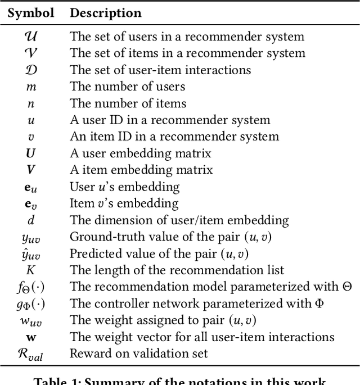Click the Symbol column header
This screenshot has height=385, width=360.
coord(31,12)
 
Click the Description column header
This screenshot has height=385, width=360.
coord(106,12)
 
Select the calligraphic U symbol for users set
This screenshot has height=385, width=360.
coord(31,37)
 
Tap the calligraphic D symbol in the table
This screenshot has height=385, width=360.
coord(31,70)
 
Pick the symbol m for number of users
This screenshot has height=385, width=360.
coord(31,87)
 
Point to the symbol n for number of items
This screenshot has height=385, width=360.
coord(31,104)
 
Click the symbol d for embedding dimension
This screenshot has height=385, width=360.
coord(31,220)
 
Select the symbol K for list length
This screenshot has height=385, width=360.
coord(31,270)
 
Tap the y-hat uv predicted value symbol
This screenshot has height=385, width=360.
coord(31,253)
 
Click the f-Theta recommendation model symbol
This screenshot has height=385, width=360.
coord(31,287)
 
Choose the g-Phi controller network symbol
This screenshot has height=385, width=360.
coord(31,304)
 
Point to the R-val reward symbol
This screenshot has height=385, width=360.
coord(31,354)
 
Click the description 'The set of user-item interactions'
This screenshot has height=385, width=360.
coord(160,70)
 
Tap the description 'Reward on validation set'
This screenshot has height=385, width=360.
coord(138,354)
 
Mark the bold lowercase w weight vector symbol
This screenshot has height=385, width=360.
coord(31,337)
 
